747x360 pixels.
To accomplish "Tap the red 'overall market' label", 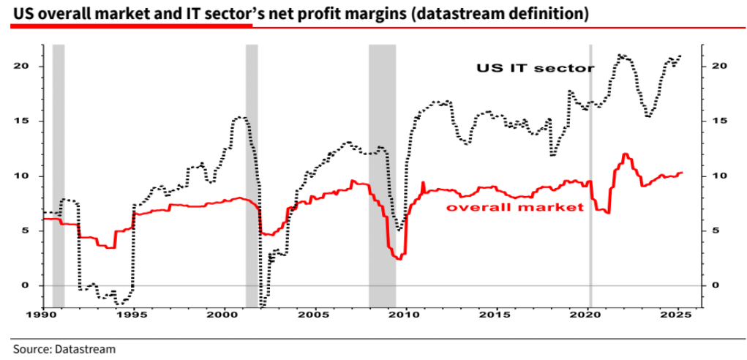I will click(x=515, y=207).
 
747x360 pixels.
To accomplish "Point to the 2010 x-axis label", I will click(x=404, y=315).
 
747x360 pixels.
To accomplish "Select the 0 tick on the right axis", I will click(x=717, y=285).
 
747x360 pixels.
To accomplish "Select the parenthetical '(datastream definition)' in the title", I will click(x=499, y=14).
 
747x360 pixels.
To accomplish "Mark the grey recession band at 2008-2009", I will click(x=382, y=176).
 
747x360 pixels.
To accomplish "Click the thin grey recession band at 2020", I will click(x=590, y=176).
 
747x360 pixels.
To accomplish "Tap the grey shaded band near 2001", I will click(x=251, y=176).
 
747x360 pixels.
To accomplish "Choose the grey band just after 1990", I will click(x=59, y=176).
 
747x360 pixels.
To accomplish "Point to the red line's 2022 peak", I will click(x=626, y=154).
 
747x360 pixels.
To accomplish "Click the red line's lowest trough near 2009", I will click(x=397, y=259).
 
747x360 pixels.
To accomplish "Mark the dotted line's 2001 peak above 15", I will click(x=241, y=117).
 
